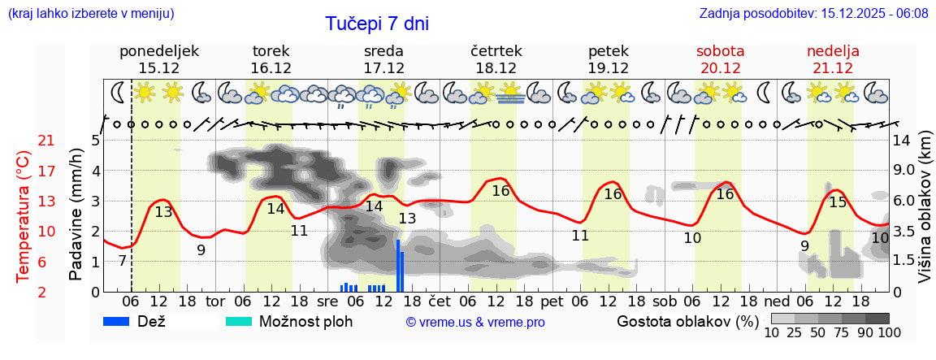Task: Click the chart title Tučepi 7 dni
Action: [377, 24]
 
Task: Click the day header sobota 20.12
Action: [720, 59]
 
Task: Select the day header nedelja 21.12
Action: [833, 59]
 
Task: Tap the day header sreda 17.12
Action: [383, 59]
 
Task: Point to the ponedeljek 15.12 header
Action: [158, 59]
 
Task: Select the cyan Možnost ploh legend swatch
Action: [240, 321]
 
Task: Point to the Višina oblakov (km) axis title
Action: [925, 216]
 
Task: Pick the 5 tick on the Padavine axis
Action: [95, 141]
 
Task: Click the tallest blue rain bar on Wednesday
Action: [397, 265]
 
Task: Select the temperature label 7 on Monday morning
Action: [122, 261]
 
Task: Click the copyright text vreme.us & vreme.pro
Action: [475, 322]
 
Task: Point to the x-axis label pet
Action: [552, 302]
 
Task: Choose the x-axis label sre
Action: [327, 302]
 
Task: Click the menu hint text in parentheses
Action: [91, 14]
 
